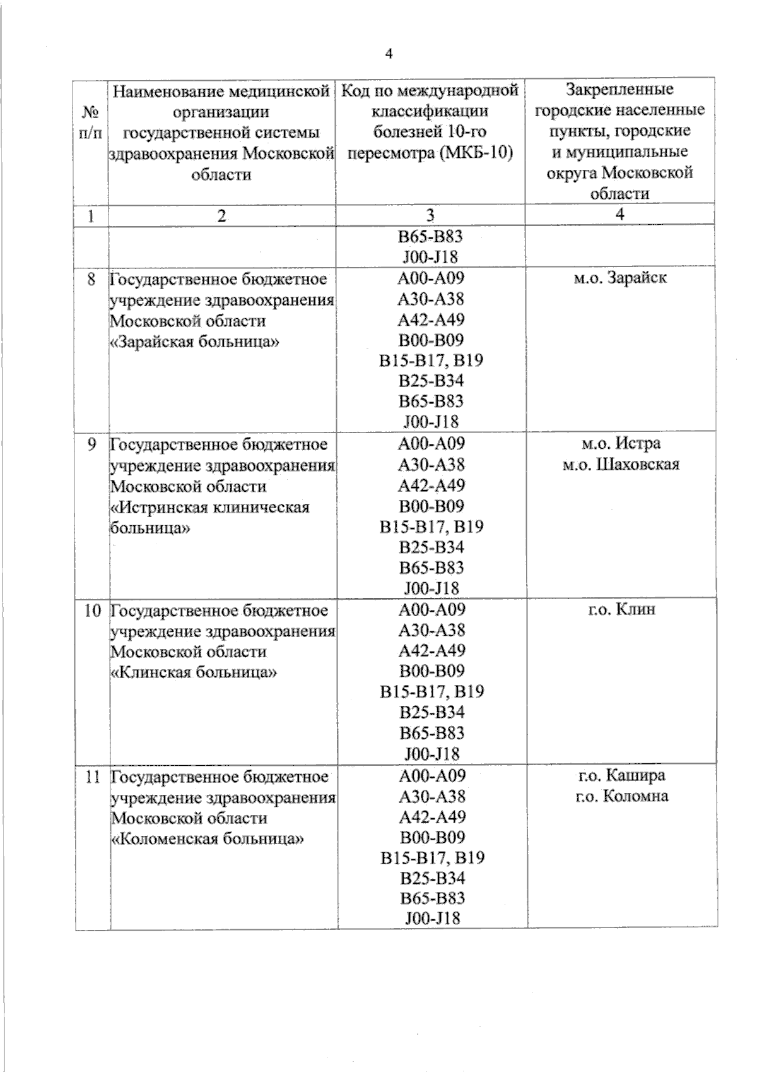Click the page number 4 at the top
pos(388,54)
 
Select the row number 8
pos(93,278)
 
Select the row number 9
pos(92,444)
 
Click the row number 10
pos(92,610)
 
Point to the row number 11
pos(93,776)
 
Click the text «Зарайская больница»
pos(196,341)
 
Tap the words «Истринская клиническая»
pos(210,507)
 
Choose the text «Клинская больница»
pos(194,672)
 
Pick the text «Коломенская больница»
pos(208,838)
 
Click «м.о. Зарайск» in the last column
pos(620,278)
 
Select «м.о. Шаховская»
pos(621,465)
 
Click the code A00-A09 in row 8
pos(431,278)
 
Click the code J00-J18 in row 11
pos(432,918)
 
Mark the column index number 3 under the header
pos(430,215)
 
